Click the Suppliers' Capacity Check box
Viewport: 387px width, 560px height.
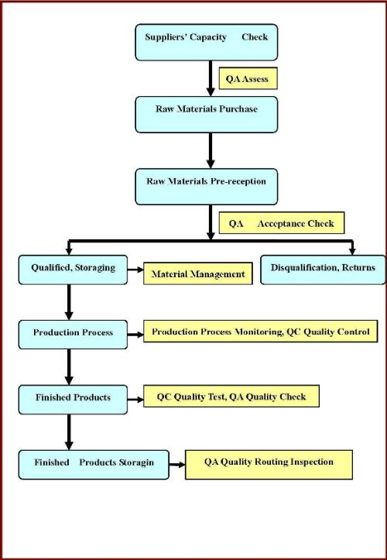tap(207, 42)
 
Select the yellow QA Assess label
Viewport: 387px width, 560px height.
tap(248, 78)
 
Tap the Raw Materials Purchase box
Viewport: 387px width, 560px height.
tap(207, 115)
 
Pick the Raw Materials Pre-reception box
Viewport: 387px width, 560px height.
tap(207, 187)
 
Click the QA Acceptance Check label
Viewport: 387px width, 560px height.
tap(282, 223)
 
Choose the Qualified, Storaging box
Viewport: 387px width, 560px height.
tap(73, 270)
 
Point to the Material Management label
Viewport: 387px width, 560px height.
tap(198, 273)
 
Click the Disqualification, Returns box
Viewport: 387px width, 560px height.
tap(323, 270)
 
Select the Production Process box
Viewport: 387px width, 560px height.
tap(73, 335)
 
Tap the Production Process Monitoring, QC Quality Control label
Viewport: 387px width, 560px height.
tap(261, 331)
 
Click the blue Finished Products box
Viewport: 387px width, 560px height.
tap(73, 400)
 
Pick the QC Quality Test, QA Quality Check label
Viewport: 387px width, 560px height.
tap(231, 396)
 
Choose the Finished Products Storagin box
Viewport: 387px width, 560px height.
tap(94, 465)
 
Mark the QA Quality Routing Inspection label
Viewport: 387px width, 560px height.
tap(269, 465)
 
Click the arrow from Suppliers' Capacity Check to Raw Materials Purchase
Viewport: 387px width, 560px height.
tap(211, 78)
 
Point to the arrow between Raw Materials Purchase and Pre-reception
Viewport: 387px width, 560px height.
tap(211, 151)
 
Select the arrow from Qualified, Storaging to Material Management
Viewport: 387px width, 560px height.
tap(135, 270)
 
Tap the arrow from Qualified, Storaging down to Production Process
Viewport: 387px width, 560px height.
tap(69, 302)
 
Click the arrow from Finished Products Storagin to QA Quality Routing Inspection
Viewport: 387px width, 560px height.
tap(177, 465)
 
